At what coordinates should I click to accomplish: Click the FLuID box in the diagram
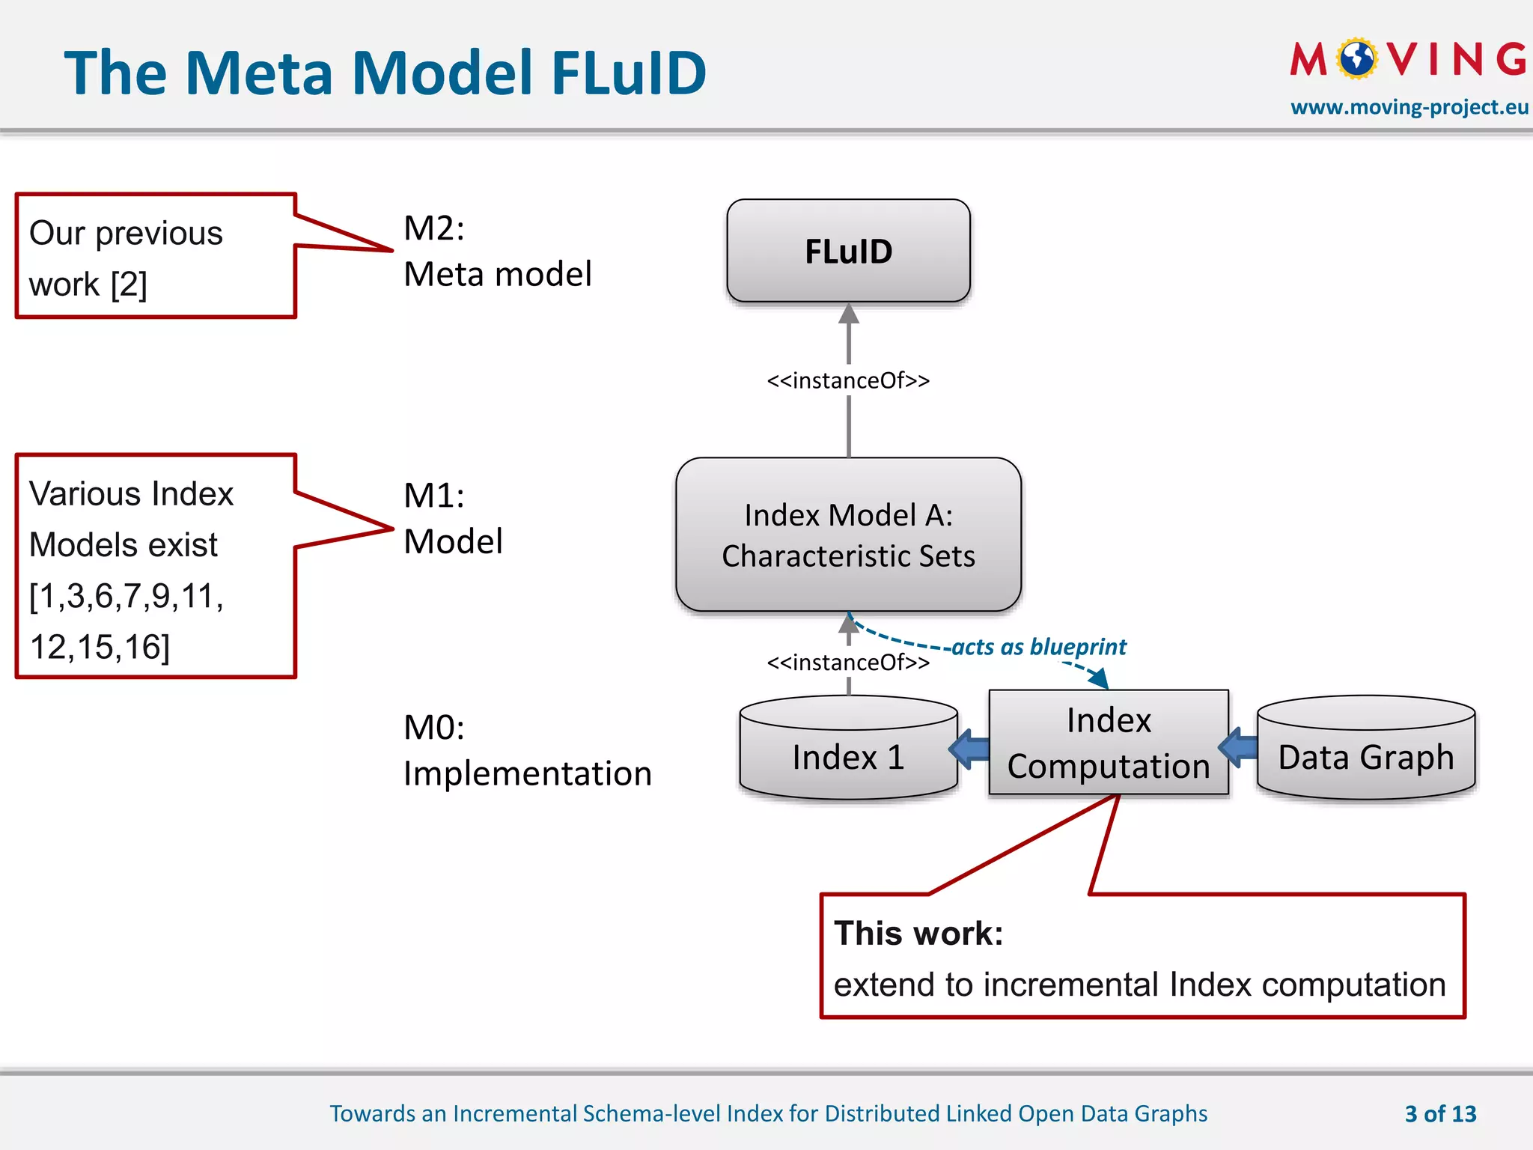[848, 251]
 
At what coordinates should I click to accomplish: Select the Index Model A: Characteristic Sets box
[848, 535]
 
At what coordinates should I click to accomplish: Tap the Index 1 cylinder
[848, 756]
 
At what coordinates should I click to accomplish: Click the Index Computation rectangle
[1108, 743]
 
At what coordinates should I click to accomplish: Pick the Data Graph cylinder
[1365, 756]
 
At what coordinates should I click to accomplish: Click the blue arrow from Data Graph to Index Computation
[1240, 746]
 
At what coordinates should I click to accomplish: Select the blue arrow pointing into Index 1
[970, 748]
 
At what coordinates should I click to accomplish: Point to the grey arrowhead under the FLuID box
[848, 314]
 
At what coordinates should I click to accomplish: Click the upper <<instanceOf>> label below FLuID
[848, 380]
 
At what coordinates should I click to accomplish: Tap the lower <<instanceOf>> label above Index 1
[848, 663]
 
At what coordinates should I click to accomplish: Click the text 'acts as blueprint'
[1038, 647]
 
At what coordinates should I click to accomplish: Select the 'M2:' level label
[434, 228]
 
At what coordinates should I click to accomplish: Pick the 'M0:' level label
[434, 728]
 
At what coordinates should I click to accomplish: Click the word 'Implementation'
[528, 773]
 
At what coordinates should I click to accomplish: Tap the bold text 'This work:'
[918, 934]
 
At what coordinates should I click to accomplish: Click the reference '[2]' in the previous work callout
[129, 285]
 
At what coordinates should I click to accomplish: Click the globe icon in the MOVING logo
[1357, 58]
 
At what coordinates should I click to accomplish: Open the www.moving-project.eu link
[1409, 107]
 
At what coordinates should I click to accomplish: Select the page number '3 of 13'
[1440, 1114]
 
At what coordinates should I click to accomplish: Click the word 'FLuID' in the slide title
[629, 73]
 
